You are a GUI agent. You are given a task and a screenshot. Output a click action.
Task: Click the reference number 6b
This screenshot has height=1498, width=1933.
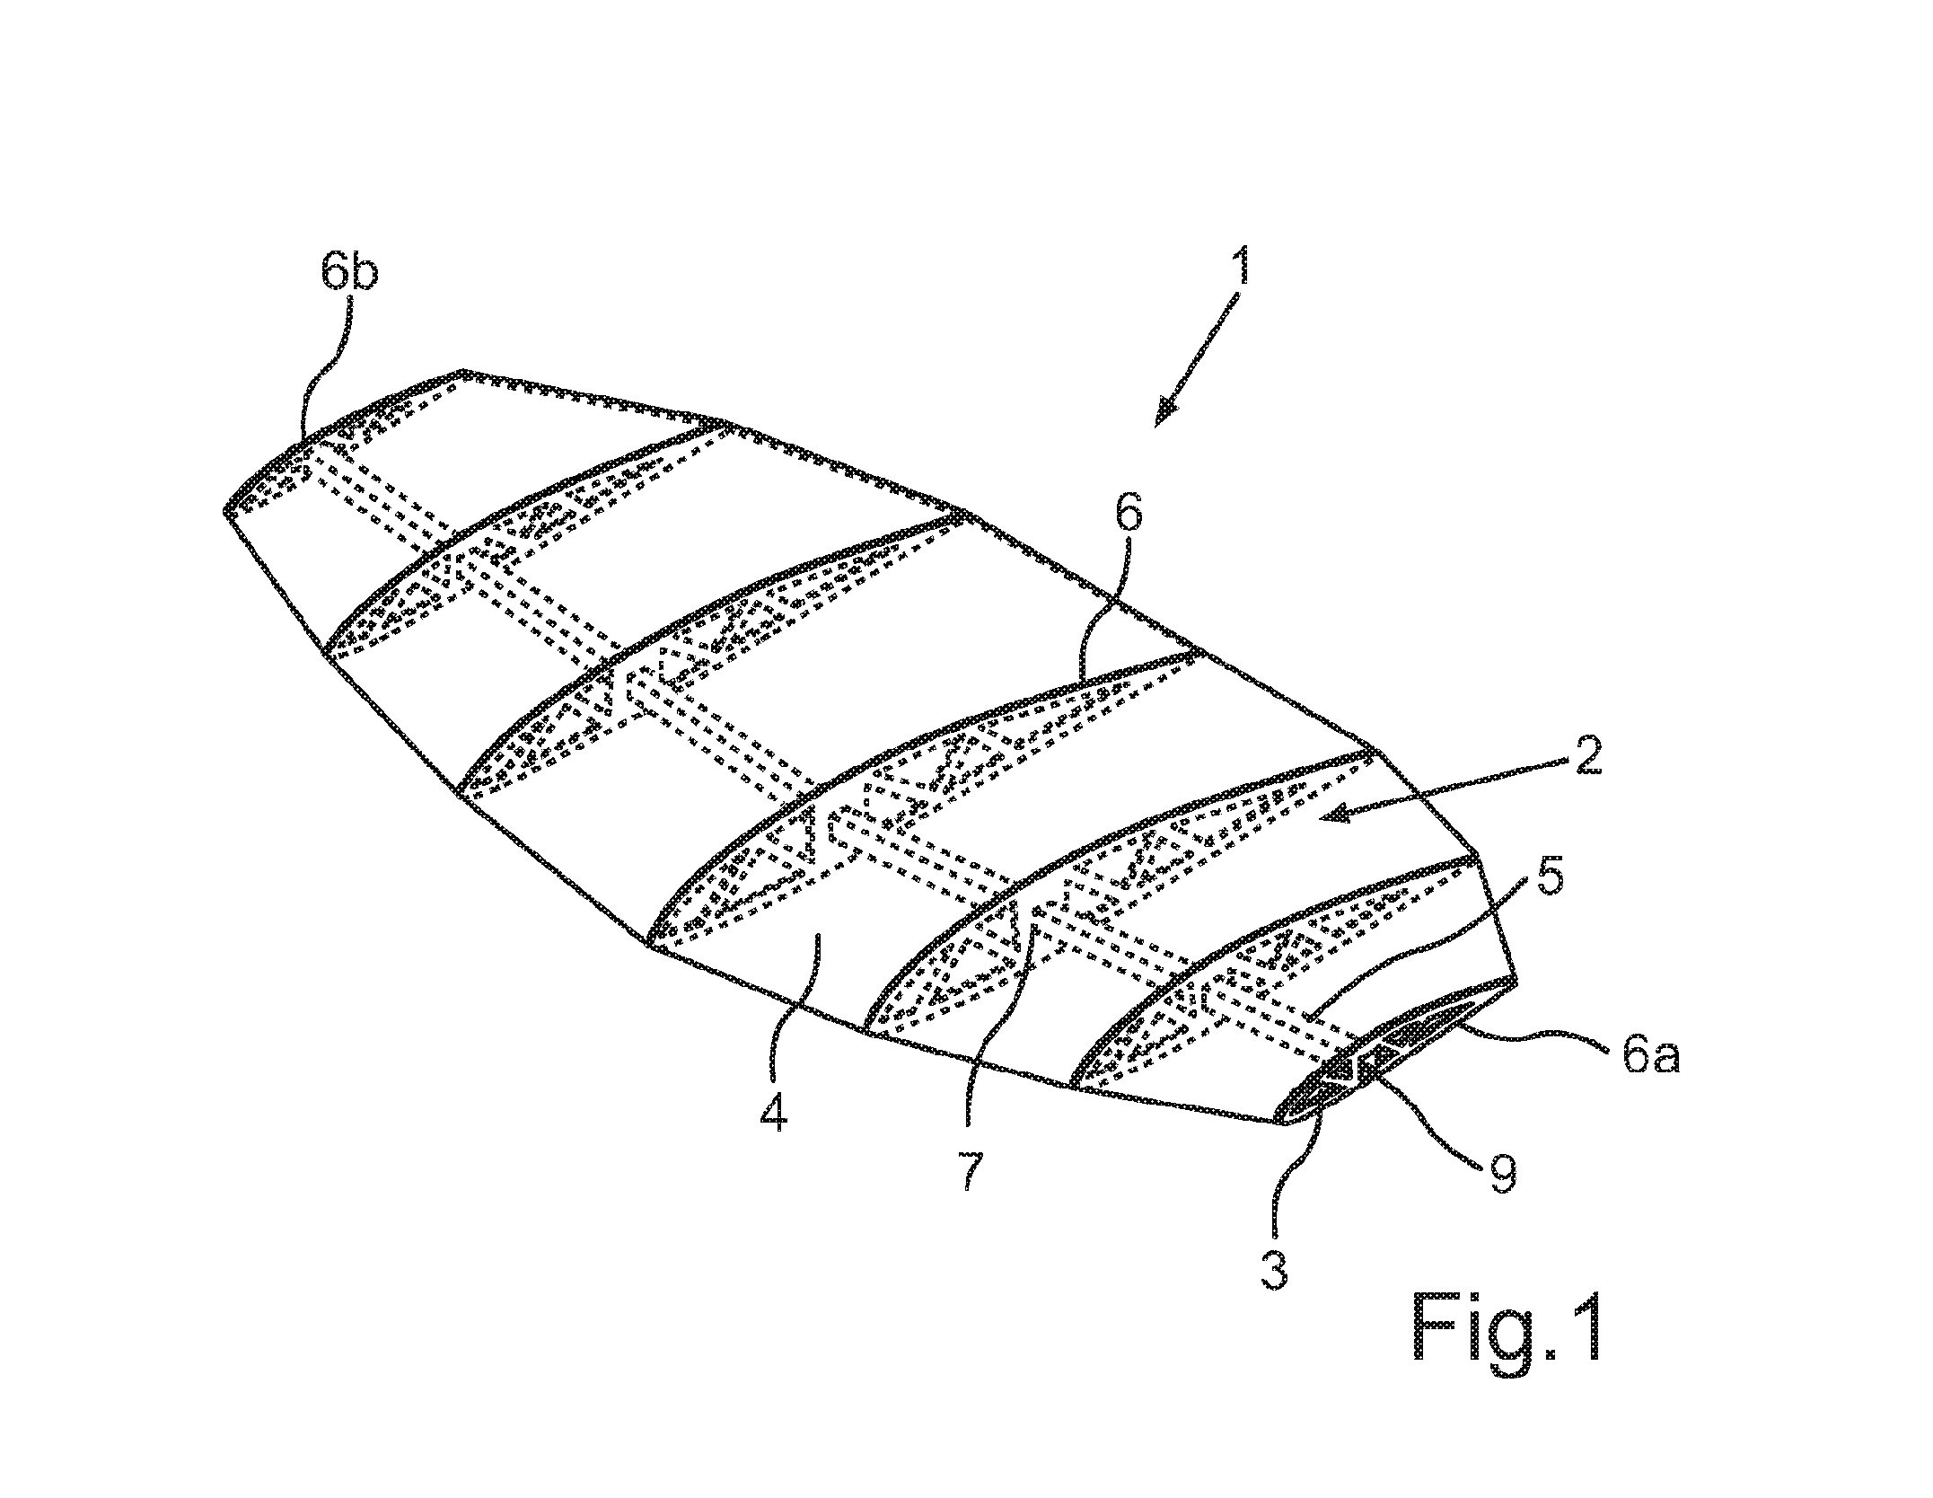349,264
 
